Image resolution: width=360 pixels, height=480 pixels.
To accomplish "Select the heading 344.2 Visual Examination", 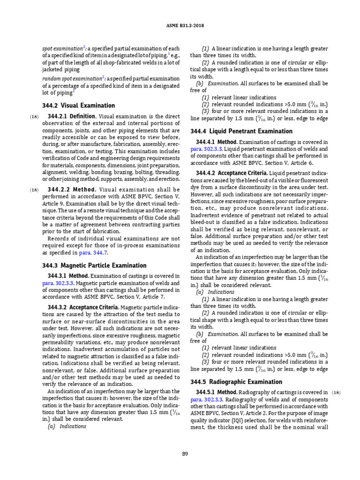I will coord(79,105).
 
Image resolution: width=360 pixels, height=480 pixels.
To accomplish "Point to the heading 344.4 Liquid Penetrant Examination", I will coord(241,131).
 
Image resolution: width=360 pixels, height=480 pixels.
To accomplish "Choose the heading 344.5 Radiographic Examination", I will coord(236,382).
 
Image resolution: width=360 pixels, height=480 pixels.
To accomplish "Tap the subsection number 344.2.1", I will coord(59,116).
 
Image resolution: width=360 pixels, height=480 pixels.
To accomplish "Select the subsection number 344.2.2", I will coord(59,189).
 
